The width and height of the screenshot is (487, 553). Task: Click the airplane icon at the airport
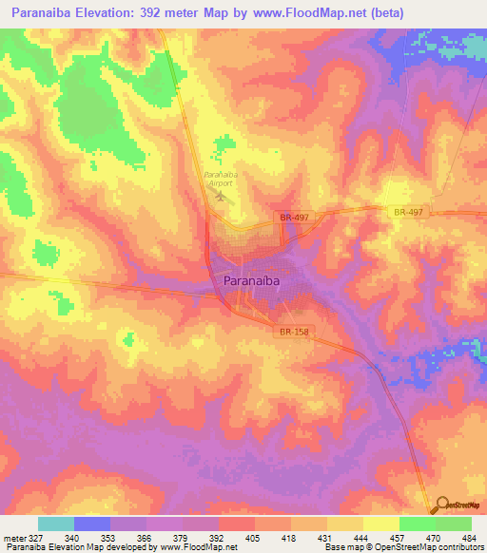222,197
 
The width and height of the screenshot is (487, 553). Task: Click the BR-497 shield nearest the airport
294,218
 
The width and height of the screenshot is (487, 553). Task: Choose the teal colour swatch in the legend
56,524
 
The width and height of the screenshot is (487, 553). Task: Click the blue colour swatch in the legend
92,524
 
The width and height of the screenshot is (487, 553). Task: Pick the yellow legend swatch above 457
380,524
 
